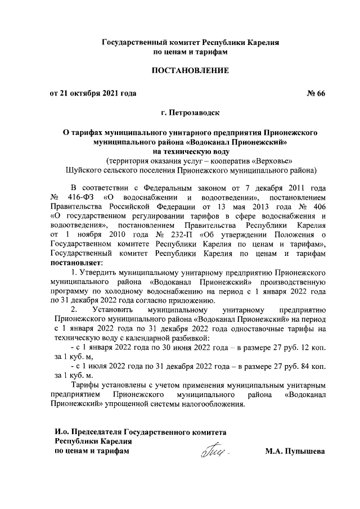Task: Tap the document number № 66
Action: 316,93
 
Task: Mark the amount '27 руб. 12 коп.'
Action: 298,348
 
